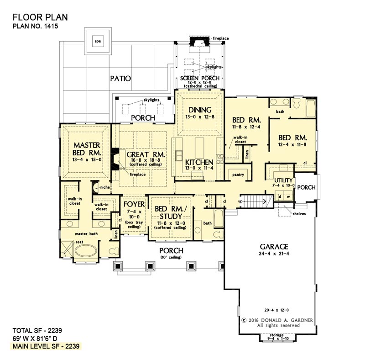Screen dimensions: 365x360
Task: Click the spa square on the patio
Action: click(x=98, y=41)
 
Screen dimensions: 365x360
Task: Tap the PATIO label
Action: click(x=120, y=78)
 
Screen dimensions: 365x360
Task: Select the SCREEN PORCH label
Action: click(x=200, y=78)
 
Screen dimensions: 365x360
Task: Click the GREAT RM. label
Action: click(x=146, y=154)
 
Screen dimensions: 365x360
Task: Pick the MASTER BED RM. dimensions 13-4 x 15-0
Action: click(x=87, y=160)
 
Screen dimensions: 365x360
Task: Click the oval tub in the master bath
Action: click(x=86, y=251)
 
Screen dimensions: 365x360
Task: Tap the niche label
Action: click(x=105, y=187)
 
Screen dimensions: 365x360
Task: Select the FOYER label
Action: click(x=134, y=204)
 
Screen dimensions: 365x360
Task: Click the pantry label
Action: click(x=238, y=175)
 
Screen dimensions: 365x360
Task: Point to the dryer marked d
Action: click(x=280, y=196)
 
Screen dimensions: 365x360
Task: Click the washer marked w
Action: click(x=288, y=196)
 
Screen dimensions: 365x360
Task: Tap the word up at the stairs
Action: click(x=240, y=201)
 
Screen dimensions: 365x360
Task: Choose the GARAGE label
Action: click(x=274, y=247)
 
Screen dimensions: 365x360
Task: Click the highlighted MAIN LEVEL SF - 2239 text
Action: click(x=46, y=346)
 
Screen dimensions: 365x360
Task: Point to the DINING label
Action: click(x=200, y=110)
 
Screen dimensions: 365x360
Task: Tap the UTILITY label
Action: click(x=283, y=180)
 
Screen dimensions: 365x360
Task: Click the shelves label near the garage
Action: click(x=299, y=213)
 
